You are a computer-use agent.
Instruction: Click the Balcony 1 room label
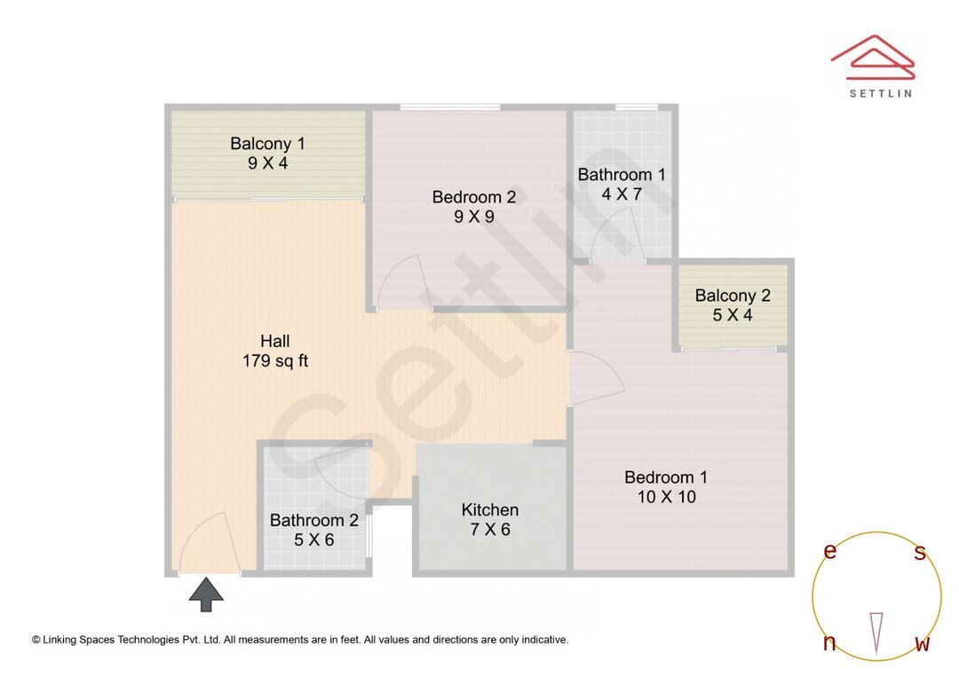pyautogui.click(x=267, y=143)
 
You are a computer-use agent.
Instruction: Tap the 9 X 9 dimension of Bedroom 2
pyautogui.click(x=474, y=216)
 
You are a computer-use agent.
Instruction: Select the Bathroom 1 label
pyautogui.click(x=622, y=174)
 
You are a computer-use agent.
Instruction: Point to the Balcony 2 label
pyautogui.click(x=733, y=296)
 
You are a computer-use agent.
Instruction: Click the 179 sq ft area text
pyautogui.click(x=275, y=361)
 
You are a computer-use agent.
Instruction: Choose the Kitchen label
pyautogui.click(x=490, y=509)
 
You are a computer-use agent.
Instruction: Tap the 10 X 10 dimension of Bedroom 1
pyautogui.click(x=666, y=497)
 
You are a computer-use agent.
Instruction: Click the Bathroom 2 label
pyautogui.click(x=314, y=520)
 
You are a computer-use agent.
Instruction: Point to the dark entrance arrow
pyautogui.click(x=206, y=594)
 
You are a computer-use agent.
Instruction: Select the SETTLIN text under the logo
pyautogui.click(x=880, y=92)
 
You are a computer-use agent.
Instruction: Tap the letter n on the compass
pyautogui.click(x=829, y=643)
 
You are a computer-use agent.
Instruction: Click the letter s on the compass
pyautogui.click(x=920, y=553)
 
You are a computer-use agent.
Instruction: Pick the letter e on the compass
pyautogui.click(x=830, y=552)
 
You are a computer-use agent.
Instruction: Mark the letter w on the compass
pyautogui.click(x=922, y=644)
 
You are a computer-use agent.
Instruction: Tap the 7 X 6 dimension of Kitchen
pyautogui.click(x=490, y=530)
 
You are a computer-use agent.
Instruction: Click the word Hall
pyautogui.click(x=275, y=341)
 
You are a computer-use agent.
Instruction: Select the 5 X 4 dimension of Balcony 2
pyautogui.click(x=733, y=315)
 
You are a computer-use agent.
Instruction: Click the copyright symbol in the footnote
pyautogui.click(x=36, y=639)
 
